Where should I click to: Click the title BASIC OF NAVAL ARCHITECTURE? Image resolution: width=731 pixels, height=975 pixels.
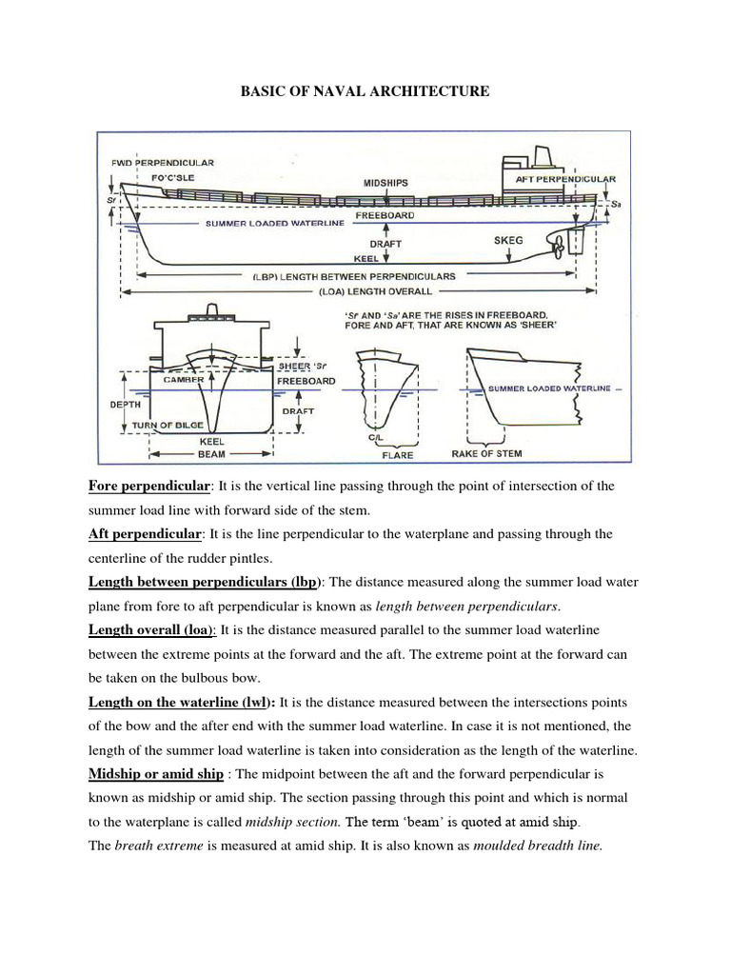365,91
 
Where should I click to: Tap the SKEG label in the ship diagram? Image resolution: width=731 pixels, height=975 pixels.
508,241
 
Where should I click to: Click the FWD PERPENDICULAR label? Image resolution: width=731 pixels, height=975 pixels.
162,163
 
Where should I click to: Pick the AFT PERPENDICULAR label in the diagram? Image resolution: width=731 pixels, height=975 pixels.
564,179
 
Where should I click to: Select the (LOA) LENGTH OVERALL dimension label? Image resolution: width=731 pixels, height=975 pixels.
370,290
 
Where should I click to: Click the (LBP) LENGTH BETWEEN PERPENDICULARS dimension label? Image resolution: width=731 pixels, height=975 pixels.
354,275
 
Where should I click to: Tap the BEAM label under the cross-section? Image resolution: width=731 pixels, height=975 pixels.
211,454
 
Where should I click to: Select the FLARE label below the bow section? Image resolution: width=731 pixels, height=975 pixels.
397,455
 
